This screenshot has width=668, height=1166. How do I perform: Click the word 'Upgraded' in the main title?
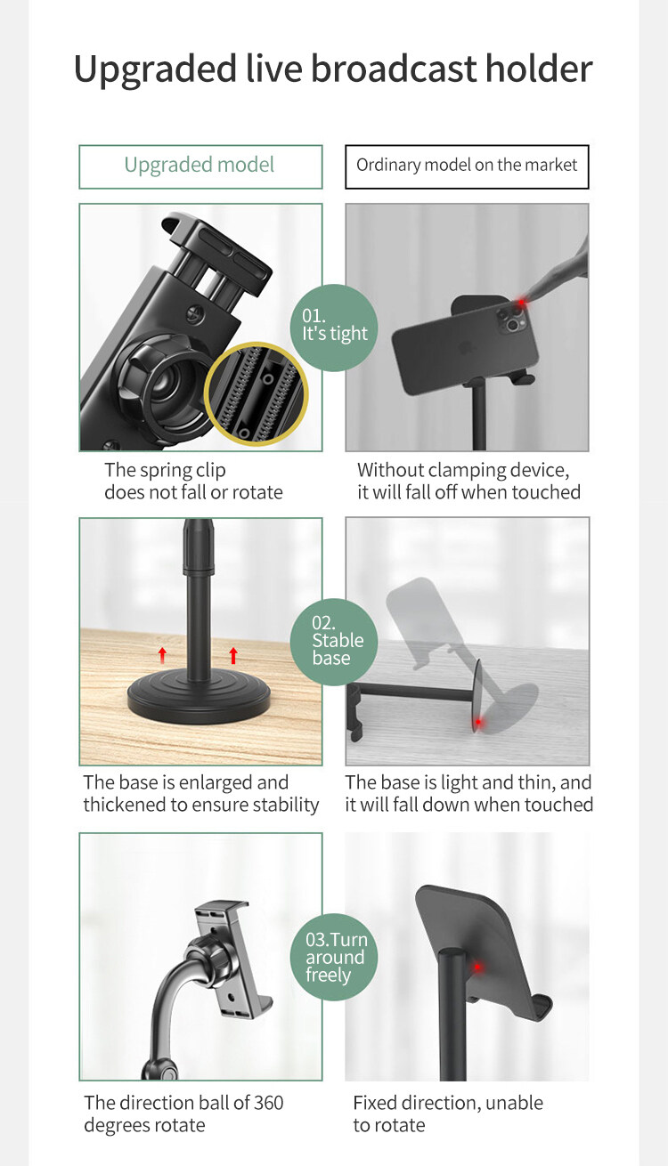[x=155, y=70]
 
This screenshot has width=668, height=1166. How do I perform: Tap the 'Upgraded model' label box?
[x=200, y=166]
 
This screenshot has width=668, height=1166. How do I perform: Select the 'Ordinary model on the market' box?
[x=467, y=166]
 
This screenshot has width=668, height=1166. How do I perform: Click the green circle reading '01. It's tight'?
[x=334, y=328]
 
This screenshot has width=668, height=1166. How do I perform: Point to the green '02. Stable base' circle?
[x=334, y=642]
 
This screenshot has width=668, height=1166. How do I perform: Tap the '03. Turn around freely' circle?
[x=334, y=957]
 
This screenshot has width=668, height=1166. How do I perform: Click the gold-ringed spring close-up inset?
[x=257, y=394]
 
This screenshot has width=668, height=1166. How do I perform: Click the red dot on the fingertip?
[x=521, y=303]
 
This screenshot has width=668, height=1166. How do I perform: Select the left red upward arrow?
[x=162, y=655]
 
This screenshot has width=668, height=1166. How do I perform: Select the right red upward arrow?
[x=233, y=655]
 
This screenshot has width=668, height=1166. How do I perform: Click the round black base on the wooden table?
[x=199, y=698]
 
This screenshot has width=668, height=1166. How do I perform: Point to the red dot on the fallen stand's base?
[x=478, y=722]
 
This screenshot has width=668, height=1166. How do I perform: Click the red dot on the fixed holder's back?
[x=477, y=968]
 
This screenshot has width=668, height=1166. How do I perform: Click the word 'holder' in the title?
[x=539, y=69]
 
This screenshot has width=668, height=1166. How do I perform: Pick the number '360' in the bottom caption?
[x=268, y=1103]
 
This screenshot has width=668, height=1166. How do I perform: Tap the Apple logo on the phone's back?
[x=463, y=346]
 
